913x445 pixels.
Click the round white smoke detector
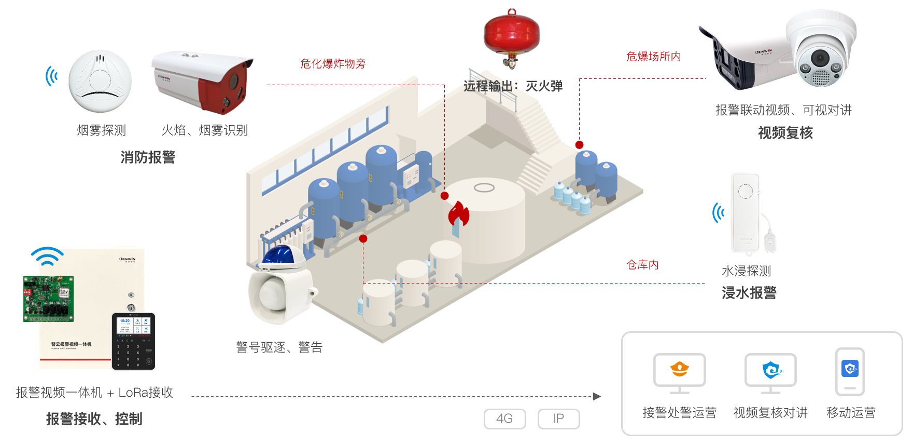click(100, 81)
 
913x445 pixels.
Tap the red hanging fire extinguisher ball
click(511, 35)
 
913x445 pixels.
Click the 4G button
click(504, 419)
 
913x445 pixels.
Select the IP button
click(558, 419)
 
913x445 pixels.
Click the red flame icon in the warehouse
click(458, 214)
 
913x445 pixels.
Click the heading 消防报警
click(148, 157)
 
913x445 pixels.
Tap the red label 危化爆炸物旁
click(333, 64)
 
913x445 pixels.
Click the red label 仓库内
click(642, 265)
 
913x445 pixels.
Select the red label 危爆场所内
click(653, 57)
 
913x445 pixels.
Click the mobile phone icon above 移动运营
click(850, 372)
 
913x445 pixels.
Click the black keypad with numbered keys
click(133, 342)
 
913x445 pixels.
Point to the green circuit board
click(48, 299)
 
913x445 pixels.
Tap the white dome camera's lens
click(820, 57)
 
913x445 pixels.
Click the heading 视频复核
click(785, 133)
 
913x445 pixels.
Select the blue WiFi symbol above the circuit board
click(47, 256)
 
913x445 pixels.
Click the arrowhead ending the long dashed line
click(597, 396)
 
